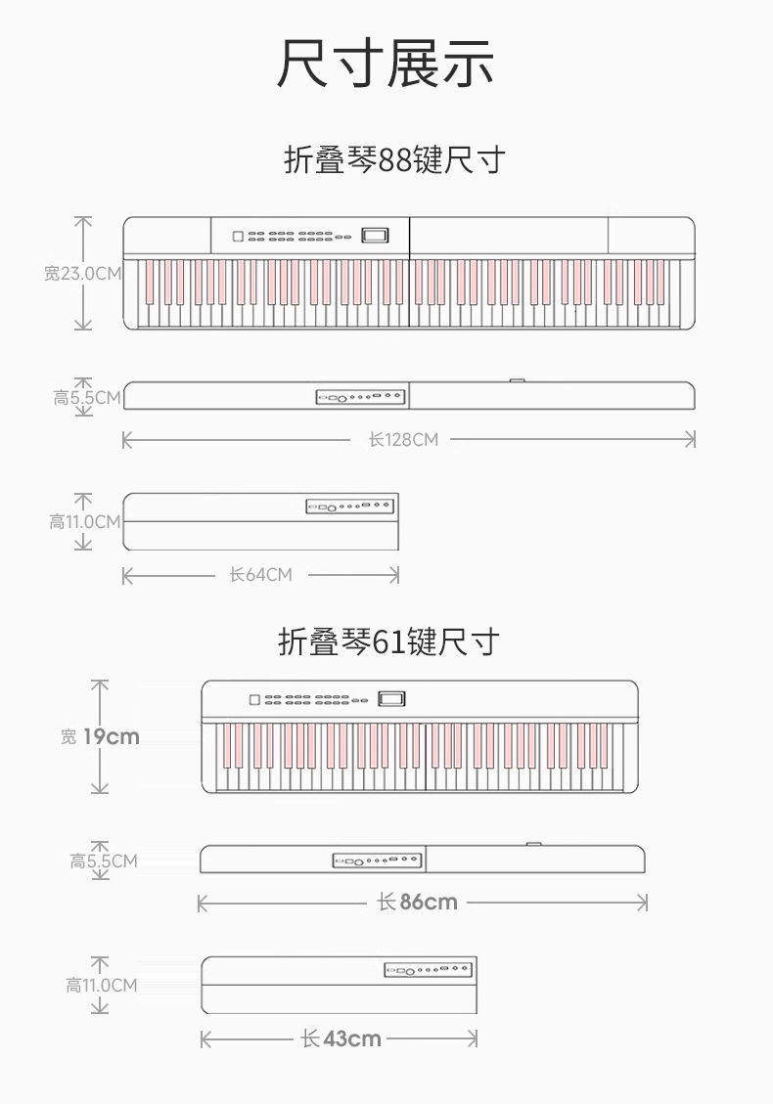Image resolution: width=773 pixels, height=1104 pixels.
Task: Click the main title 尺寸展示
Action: coord(386,65)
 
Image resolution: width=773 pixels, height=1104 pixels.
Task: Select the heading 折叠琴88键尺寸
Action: coord(394,159)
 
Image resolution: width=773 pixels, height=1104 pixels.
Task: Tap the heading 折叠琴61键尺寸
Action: coord(388,642)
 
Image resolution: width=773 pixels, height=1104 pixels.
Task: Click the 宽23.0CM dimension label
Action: coord(83,273)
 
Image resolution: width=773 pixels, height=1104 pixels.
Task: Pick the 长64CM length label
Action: coord(260,575)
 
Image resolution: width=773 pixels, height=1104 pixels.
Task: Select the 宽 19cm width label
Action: coord(100,736)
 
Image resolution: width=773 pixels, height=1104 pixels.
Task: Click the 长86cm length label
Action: coord(418,902)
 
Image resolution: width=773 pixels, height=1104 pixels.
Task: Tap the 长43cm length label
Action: coord(341,1038)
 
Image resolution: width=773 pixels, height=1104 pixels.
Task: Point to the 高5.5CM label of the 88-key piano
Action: coord(87,397)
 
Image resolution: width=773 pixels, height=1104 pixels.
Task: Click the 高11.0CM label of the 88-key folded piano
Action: coord(85,521)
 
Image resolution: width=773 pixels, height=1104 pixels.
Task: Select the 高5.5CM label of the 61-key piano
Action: coord(103,861)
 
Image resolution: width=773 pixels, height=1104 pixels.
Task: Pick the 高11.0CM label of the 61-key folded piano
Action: coord(102,985)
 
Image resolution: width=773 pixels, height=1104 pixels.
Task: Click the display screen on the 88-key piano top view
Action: coord(375,236)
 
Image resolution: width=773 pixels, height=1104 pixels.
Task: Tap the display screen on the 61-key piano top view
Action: coord(391,699)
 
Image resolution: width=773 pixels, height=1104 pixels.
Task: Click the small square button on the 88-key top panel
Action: coord(237,236)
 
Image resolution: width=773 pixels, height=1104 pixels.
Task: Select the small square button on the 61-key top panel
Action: coord(254,700)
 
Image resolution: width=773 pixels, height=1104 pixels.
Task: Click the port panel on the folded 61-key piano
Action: coord(428,970)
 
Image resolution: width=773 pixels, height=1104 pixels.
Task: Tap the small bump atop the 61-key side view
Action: coord(533,844)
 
